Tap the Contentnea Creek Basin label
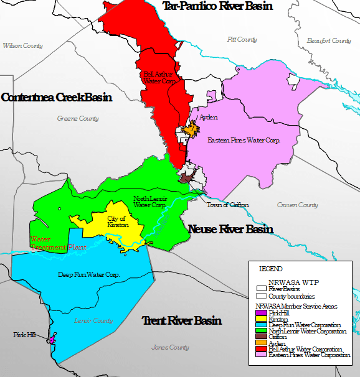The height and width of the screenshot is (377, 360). pos(57,98)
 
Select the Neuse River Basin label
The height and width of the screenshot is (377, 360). pos(230,230)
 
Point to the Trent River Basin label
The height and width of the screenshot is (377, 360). pos(182,321)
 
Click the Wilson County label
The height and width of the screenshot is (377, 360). pos(22,46)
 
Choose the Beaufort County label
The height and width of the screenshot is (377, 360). pos(329,41)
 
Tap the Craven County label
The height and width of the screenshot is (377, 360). pos(297,205)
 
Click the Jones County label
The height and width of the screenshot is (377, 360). pos(171,348)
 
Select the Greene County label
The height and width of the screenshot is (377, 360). pos(78,119)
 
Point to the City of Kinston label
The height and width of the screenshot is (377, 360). pos(116,221)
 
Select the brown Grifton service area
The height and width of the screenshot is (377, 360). pos(186,177)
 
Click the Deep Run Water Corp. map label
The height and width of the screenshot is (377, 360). pos(88,274)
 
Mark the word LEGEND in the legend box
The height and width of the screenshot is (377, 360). pos(270,269)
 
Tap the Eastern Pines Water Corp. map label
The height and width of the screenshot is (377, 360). pos(244,141)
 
